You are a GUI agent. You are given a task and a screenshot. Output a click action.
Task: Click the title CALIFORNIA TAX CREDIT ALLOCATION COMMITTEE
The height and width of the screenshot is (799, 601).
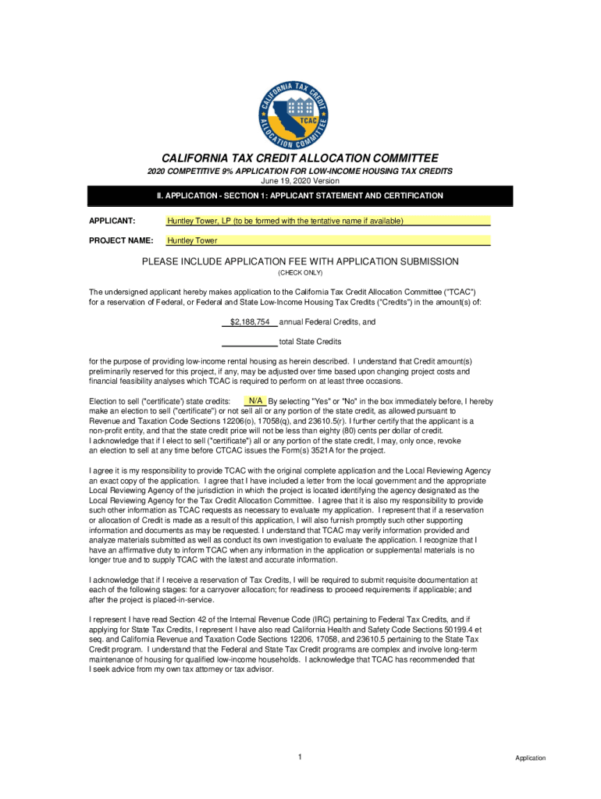click(300, 158)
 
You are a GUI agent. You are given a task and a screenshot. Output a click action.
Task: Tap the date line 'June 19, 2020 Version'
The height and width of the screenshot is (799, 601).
click(300, 181)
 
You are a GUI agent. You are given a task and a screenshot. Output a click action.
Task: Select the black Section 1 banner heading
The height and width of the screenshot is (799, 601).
click(300, 196)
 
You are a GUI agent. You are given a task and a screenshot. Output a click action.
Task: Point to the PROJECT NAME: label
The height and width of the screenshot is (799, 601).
click(120, 240)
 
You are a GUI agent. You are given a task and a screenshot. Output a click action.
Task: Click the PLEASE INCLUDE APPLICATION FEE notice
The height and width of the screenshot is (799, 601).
click(300, 261)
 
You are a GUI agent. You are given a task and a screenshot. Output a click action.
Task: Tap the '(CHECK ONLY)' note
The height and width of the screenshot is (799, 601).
click(300, 273)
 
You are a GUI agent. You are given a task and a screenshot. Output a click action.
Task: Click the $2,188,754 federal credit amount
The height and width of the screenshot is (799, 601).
click(250, 321)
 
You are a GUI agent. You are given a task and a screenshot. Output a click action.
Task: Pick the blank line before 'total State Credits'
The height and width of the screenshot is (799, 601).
click(249, 341)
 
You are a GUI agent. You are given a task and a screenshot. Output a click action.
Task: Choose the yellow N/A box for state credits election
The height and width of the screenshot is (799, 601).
click(255, 401)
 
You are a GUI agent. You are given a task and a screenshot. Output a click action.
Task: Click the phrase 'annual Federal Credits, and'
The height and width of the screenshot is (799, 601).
click(327, 321)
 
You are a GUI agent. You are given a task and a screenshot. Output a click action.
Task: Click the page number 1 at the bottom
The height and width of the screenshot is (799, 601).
click(300, 757)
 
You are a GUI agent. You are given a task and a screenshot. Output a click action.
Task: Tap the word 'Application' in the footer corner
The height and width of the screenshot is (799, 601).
click(530, 758)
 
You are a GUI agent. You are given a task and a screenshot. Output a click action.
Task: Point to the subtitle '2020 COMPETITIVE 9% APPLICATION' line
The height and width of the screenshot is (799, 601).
click(300, 171)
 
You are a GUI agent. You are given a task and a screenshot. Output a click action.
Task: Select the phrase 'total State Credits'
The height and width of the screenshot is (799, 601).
click(310, 342)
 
